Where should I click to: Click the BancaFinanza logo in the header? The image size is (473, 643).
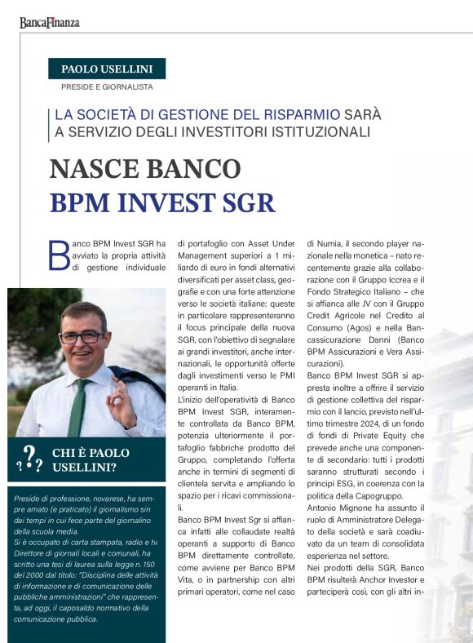(50, 23)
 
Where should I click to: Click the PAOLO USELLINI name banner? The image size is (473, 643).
(107, 69)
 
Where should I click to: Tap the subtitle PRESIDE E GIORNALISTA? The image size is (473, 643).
(107, 86)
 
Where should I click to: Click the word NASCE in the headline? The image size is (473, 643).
(95, 169)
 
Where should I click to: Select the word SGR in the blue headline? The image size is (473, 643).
(245, 202)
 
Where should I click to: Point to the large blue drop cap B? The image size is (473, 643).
(60, 255)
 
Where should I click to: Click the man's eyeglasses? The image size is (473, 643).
(82, 336)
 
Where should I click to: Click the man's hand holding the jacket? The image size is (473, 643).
(122, 401)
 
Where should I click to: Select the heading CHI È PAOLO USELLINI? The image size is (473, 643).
(90, 459)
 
